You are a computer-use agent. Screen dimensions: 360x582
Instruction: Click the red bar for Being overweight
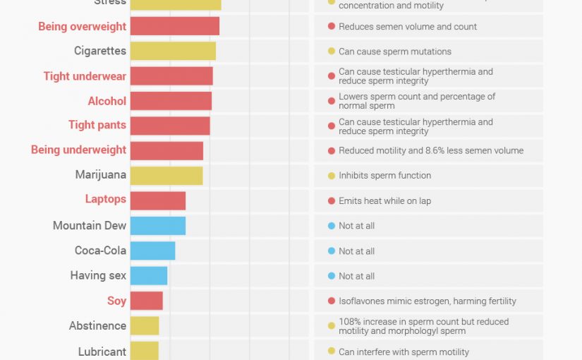pos(174,26)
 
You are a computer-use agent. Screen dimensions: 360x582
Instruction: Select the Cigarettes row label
pos(100,51)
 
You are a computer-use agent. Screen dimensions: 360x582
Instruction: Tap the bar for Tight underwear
pos(171,76)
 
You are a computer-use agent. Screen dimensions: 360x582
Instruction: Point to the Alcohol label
pos(107,101)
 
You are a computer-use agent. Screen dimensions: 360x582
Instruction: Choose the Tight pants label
pos(97,125)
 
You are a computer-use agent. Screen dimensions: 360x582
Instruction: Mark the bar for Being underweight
pos(166,150)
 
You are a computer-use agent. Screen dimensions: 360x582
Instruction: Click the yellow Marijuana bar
pos(166,176)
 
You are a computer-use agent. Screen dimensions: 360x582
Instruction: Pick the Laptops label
pos(106,199)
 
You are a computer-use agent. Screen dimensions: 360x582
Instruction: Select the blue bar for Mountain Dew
pos(157,226)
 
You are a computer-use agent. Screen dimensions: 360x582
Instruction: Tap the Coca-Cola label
pos(101,251)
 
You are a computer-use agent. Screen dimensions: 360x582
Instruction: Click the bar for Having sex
pos(148,276)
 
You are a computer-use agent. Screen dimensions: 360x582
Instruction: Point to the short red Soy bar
pos(146,301)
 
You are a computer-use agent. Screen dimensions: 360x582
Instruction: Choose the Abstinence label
pos(98,326)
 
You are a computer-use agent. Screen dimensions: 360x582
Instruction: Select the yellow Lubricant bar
pos(144,351)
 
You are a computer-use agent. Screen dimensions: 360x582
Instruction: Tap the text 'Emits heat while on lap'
pos(384,201)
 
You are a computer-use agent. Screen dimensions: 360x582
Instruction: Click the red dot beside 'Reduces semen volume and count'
pos(331,27)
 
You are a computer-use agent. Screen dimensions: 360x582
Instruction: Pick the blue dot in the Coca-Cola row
pos(331,251)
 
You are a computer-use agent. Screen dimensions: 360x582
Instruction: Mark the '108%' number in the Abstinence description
pos(349,322)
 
